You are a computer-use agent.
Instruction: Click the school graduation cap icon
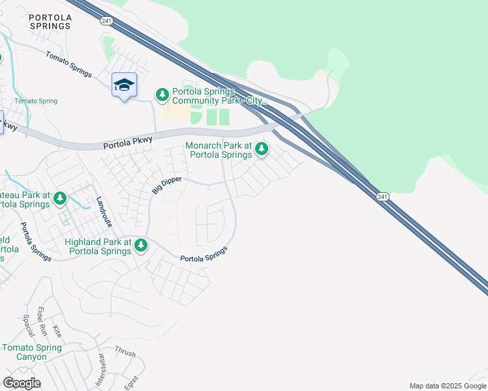124,85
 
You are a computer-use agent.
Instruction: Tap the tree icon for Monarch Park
262,149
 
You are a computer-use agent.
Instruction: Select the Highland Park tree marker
140,245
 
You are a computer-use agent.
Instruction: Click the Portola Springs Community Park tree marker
162,95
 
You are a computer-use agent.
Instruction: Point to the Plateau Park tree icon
60,197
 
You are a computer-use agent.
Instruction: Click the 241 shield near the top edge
106,22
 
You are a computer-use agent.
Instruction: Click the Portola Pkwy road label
127,143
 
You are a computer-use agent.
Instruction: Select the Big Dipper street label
167,184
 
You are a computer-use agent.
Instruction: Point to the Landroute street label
104,211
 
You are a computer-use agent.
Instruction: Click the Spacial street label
28,326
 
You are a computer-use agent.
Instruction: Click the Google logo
22,383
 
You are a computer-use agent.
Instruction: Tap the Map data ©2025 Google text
447,386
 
